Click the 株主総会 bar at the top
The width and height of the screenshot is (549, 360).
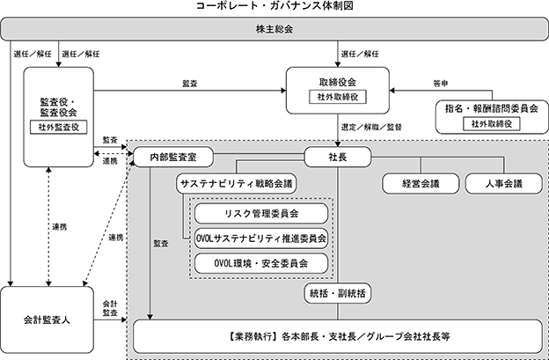(274, 29)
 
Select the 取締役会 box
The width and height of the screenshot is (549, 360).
(338, 91)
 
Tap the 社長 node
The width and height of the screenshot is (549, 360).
(338, 157)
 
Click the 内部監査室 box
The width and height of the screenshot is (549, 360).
(173, 157)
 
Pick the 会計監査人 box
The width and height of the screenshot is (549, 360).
(47, 320)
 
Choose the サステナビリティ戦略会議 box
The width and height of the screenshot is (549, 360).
(237, 183)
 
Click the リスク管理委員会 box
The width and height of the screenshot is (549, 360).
(261, 213)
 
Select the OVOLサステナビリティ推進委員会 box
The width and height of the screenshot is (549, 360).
(261, 239)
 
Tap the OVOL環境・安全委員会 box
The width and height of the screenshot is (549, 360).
(261, 263)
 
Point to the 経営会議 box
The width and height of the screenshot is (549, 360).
(421, 183)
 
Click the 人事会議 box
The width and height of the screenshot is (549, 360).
(504, 183)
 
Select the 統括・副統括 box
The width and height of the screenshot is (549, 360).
(338, 293)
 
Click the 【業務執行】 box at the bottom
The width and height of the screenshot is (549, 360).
(338, 336)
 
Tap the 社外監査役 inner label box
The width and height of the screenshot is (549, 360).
(58, 127)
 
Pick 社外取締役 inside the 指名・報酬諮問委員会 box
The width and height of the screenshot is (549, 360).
(492, 123)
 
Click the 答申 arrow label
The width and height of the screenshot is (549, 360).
(441, 84)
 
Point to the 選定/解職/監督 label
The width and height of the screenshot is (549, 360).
(371, 127)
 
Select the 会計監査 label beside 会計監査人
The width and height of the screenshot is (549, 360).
(110, 309)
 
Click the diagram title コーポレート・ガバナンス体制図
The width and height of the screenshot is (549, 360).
(274, 6)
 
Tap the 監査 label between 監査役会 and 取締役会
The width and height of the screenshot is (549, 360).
(190, 84)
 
